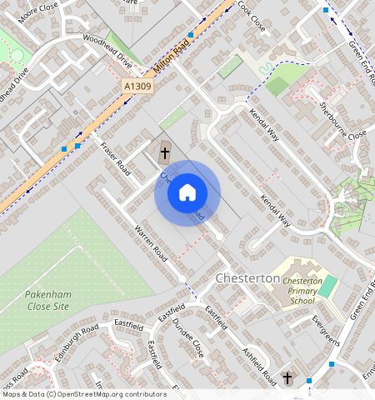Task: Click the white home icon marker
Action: [x=187, y=193]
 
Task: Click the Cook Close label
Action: [x=251, y=16]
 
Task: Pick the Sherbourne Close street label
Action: [x=343, y=121]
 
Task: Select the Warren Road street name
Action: [x=151, y=241]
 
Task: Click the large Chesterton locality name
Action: [x=247, y=277]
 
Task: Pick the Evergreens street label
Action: [x=326, y=330]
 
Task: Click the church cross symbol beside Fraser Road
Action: [x=165, y=152]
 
